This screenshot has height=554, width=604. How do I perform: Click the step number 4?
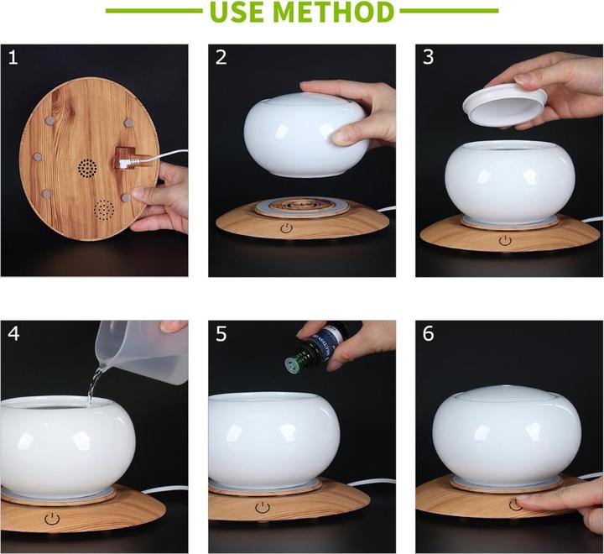click(x=13, y=333)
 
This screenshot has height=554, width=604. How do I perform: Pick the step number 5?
click(x=221, y=333)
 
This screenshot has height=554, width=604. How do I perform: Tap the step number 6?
click(x=429, y=333)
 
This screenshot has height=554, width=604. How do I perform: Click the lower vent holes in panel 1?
click(x=104, y=208)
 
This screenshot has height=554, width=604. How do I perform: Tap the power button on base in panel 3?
click(x=506, y=240)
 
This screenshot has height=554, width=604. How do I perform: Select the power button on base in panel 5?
click(x=263, y=508)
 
